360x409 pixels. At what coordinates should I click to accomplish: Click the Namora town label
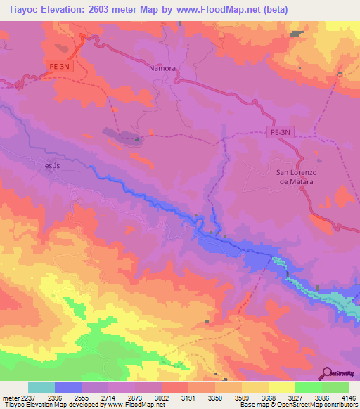(x=162, y=69)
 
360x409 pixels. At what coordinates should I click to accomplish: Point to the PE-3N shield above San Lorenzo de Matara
(x=280, y=131)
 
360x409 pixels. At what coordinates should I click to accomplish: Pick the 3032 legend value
(x=162, y=397)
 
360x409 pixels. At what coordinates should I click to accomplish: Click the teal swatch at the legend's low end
(x=41, y=387)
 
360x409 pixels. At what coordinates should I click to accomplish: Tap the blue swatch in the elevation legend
(x=68, y=387)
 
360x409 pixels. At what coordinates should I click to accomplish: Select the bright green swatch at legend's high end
(x=335, y=387)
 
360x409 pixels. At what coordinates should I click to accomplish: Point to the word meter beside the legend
(x=8, y=397)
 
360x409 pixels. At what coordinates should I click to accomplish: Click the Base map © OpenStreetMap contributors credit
(x=298, y=405)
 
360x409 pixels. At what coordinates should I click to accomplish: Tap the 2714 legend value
(x=108, y=397)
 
